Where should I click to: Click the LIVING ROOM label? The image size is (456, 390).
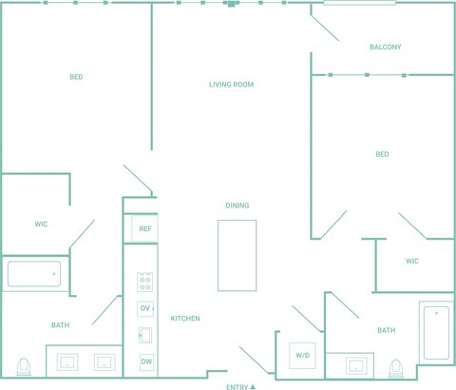[231, 85]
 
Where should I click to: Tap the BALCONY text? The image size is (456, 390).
[385, 47]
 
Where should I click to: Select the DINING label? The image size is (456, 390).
[237, 205]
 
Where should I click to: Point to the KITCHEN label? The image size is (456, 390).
[185, 319]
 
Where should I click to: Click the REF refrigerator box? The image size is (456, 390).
[144, 228]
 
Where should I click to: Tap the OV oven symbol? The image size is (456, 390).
[145, 308]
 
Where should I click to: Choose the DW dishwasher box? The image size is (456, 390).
[146, 361]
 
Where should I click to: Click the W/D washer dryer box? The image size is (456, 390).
[302, 356]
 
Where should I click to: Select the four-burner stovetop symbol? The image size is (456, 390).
[145, 283]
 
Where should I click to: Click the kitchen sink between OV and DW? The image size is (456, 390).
[145, 335]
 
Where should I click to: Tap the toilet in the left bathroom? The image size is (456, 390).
[24, 367]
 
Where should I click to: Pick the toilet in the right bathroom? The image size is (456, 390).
[396, 368]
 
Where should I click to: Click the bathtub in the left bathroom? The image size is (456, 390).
[34, 274]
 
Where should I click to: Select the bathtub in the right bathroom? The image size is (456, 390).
[436, 333]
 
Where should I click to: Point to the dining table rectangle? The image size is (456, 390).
[237, 255]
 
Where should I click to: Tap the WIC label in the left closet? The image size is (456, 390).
[41, 224]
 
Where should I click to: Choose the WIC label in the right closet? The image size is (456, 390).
[412, 261]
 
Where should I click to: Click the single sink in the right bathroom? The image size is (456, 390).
[356, 365]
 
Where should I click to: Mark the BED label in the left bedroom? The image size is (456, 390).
[76, 77]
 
